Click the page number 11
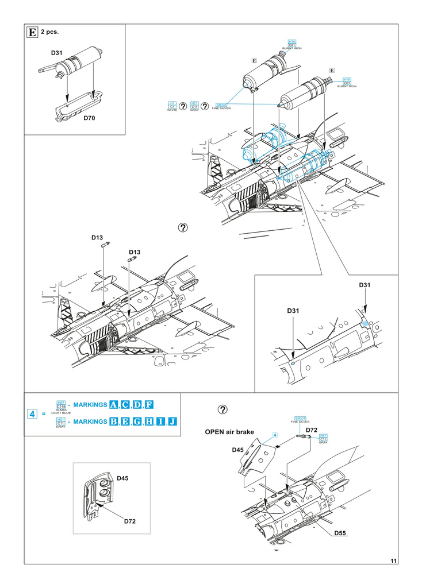click(x=393, y=561)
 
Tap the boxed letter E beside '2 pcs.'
click(x=33, y=32)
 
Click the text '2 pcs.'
click(x=50, y=33)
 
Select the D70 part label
click(x=89, y=118)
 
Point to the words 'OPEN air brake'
click(x=227, y=432)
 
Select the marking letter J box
click(x=172, y=422)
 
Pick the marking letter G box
click(x=136, y=422)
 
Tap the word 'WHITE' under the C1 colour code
click(x=171, y=110)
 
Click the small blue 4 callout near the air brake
click(x=275, y=436)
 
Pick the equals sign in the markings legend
click(x=44, y=414)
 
